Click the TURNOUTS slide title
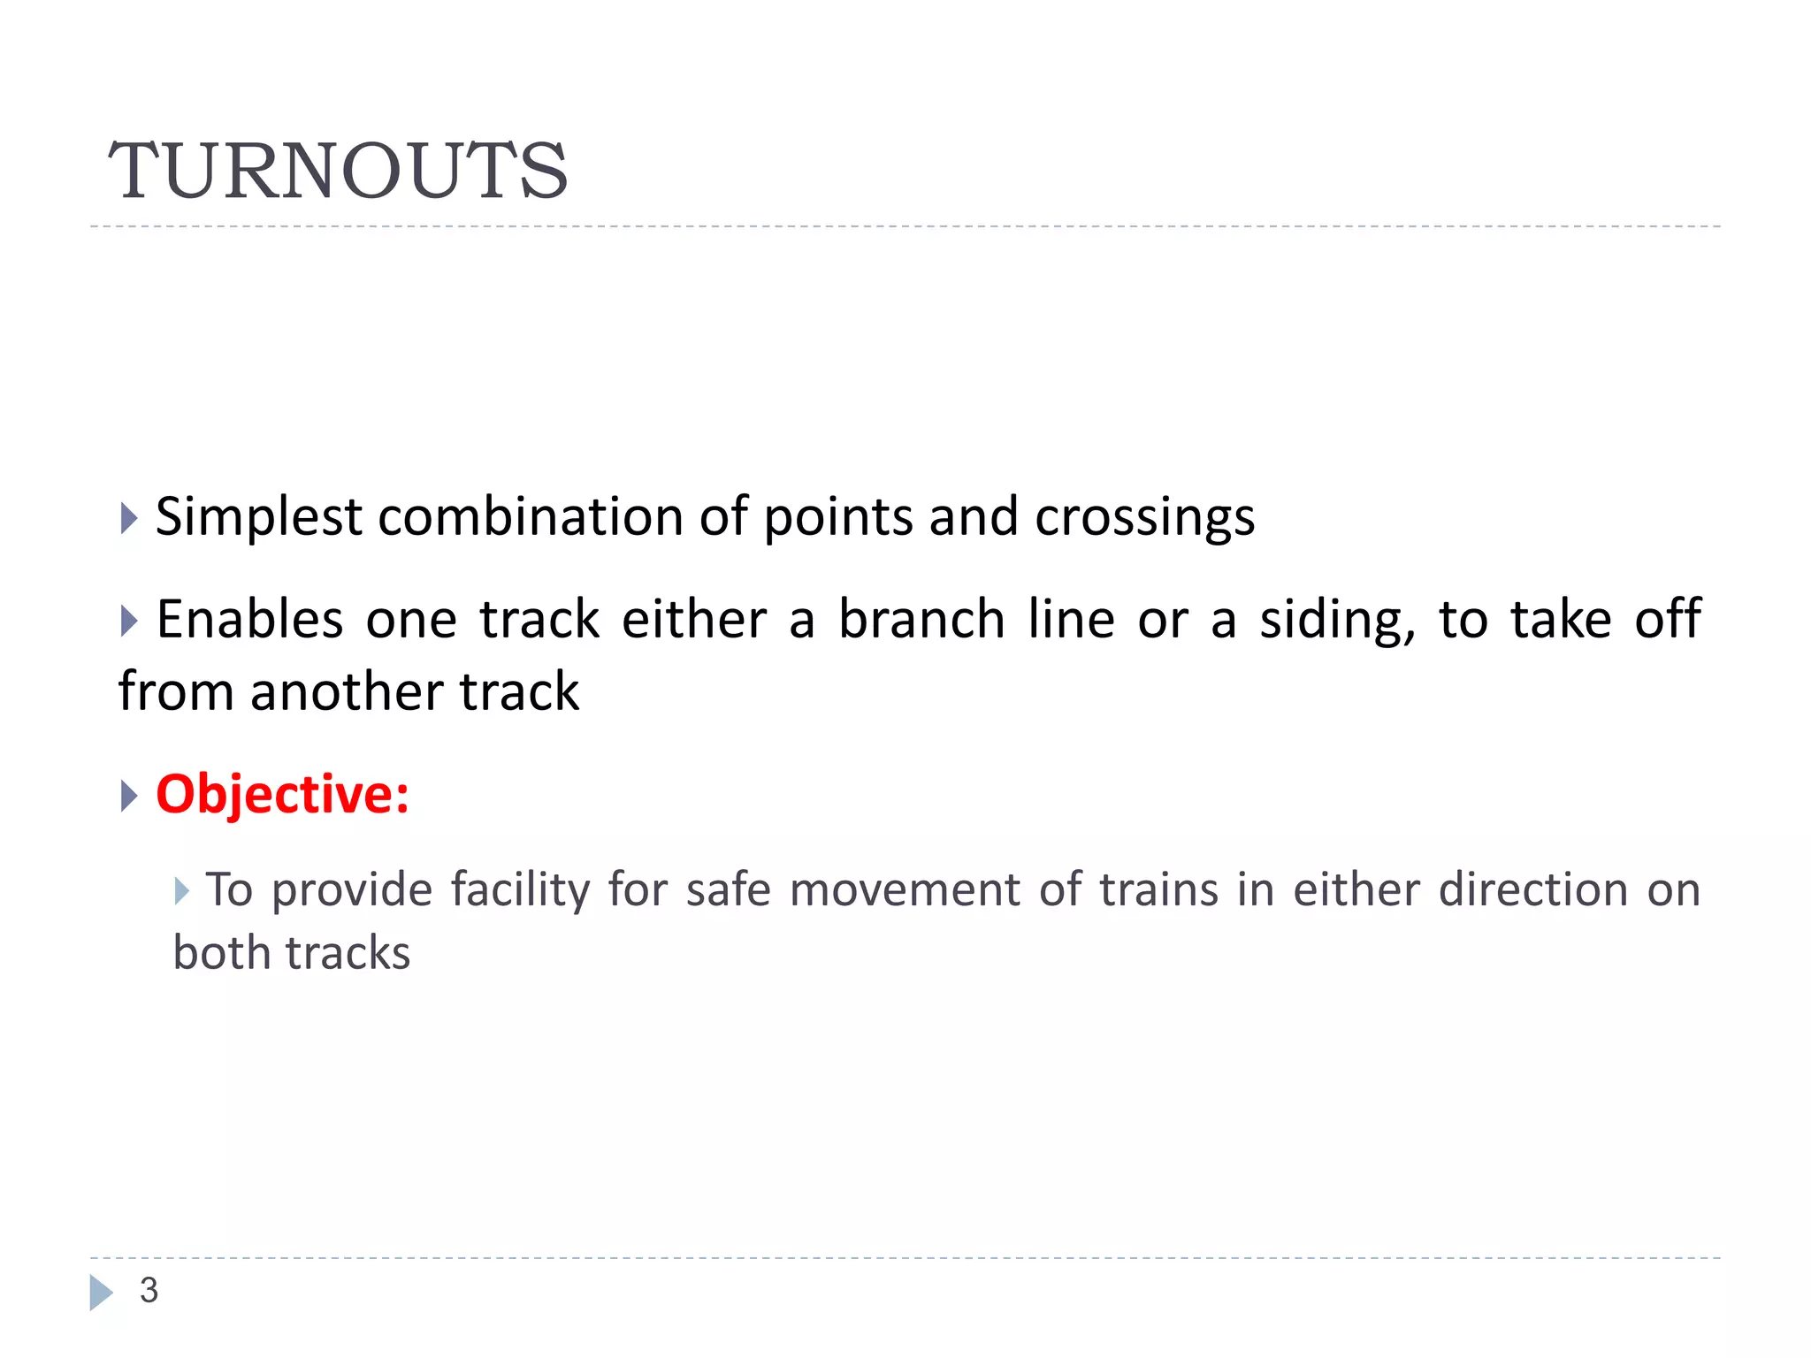tap(338, 170)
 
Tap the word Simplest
tap(258, 517)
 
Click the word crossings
tap(1144, 517)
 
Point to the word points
tap(837, 517)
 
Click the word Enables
tap(249, 619)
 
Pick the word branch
tap(921, 619)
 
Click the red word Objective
tap(282, 794)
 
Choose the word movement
tap(905, 889)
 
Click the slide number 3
tap(149, 1291)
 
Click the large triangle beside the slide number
tap(101, 1293)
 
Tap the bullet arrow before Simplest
tap(129, 518)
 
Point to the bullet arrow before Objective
tap(129, 796)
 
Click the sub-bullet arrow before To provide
tap(182, 890)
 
